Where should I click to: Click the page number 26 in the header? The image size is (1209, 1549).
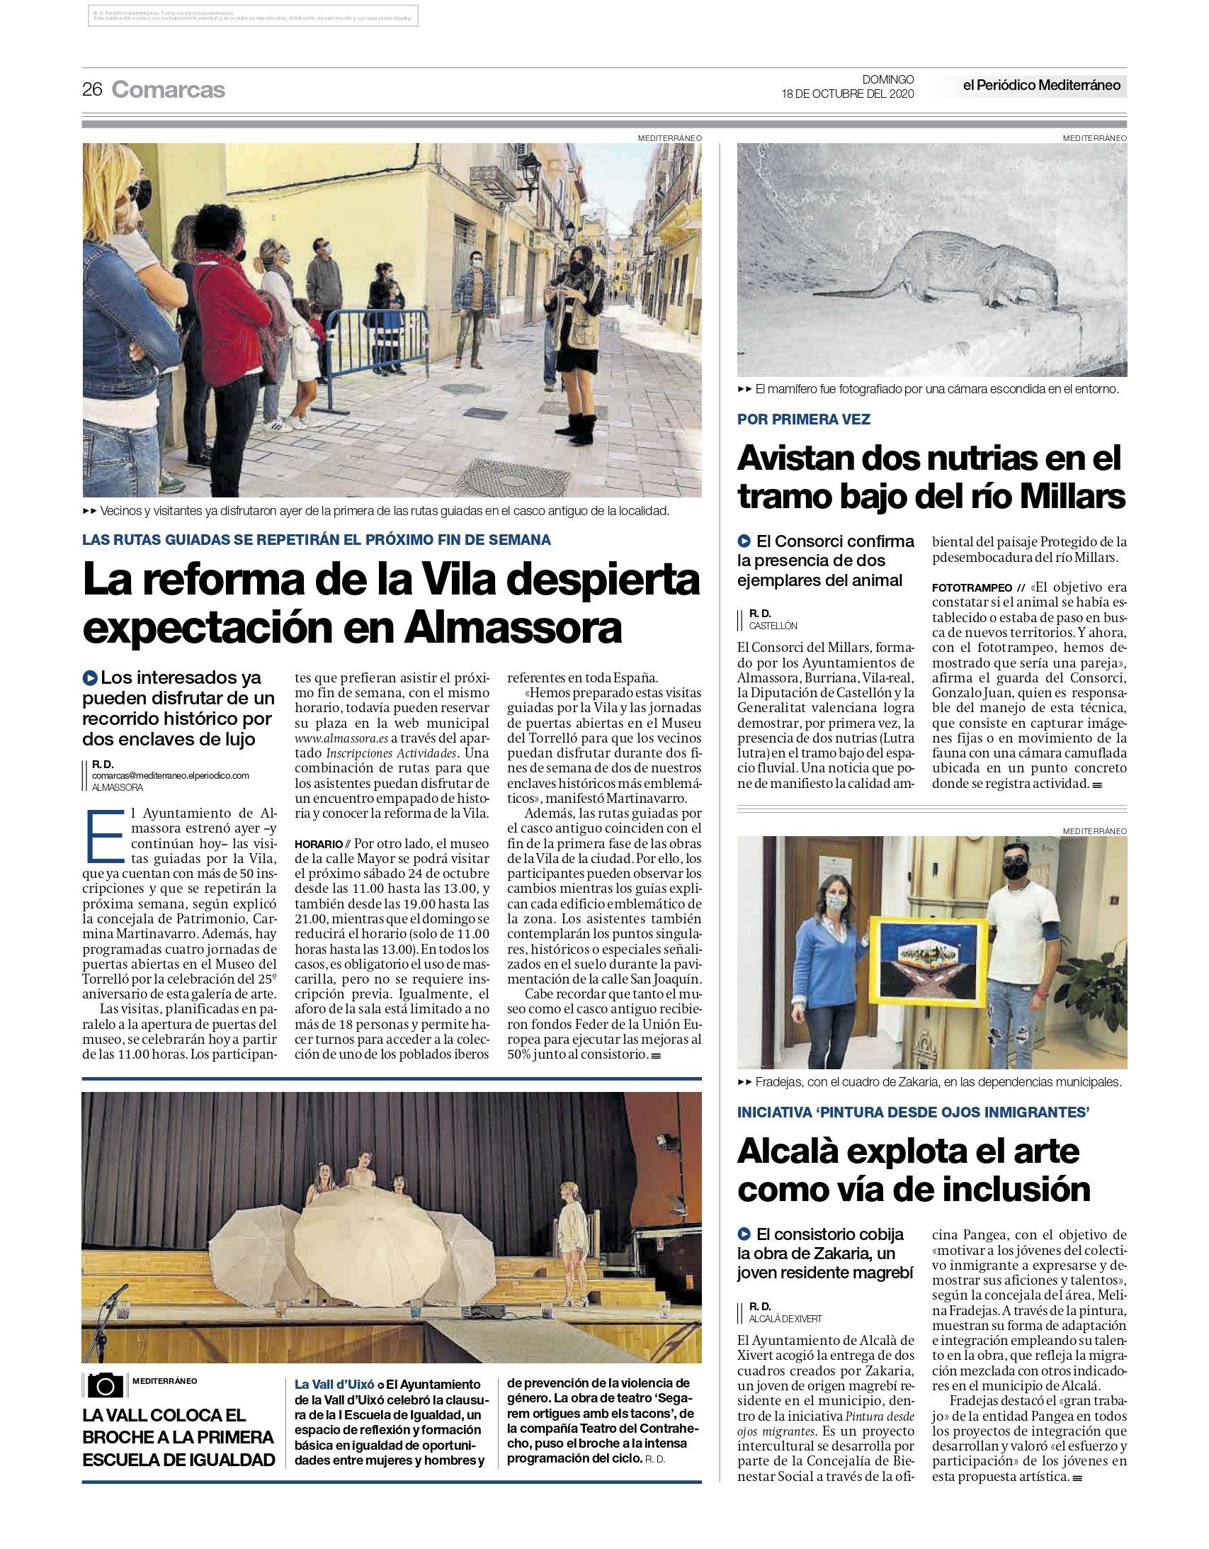click(92, 89)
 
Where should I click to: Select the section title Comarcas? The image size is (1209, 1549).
click(168, 89)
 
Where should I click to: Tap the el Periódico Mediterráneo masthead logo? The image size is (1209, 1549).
click(1041, 86)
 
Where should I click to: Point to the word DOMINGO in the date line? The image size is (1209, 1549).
click(887, 79)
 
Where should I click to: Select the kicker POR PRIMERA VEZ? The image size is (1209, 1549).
click(803, 419)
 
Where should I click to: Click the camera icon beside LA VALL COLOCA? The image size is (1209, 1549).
click(106, 1385)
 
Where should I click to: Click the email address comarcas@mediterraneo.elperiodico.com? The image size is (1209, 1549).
click(170, 775)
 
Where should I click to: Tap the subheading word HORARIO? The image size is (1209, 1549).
click(319, 845)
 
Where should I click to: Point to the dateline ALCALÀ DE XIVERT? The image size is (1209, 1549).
click(785, 1319)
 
